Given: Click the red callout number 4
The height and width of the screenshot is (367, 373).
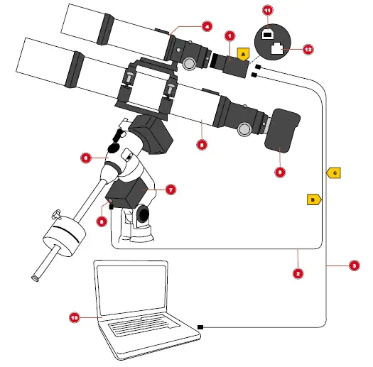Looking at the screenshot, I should [x=207, y=26].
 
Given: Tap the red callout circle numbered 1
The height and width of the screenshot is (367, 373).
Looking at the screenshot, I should [x=229, y=35].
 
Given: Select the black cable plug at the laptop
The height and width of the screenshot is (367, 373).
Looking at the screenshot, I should [x=201, y=327].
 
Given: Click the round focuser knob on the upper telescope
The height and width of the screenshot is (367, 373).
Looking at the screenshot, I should [x=190, y=63].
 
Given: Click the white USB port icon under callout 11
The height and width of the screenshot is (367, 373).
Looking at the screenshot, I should [x=267, y=33].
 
